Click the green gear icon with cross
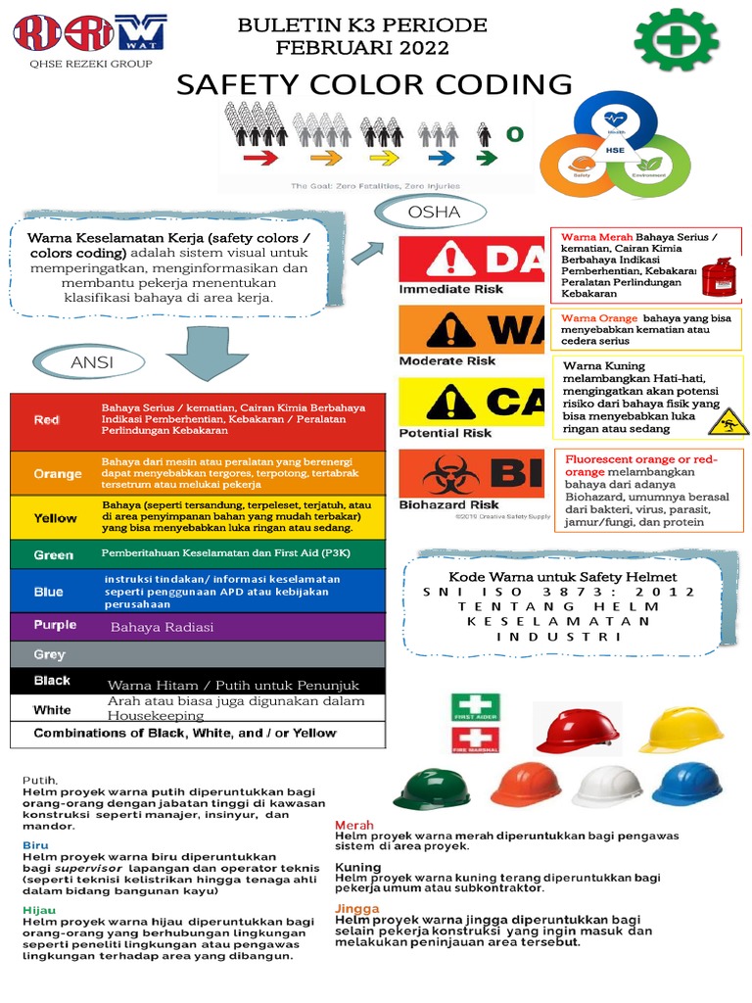[677, 40]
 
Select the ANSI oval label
[91, 362]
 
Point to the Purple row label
[55, 625]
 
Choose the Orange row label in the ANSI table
[57, 474]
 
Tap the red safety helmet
[577, 731]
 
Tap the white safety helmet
[607, 786]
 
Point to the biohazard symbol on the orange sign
[451, 474]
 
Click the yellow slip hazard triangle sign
[728, 422]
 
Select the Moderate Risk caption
[446, 360]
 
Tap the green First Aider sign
[475, 707]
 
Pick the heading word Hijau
[39, 910]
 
